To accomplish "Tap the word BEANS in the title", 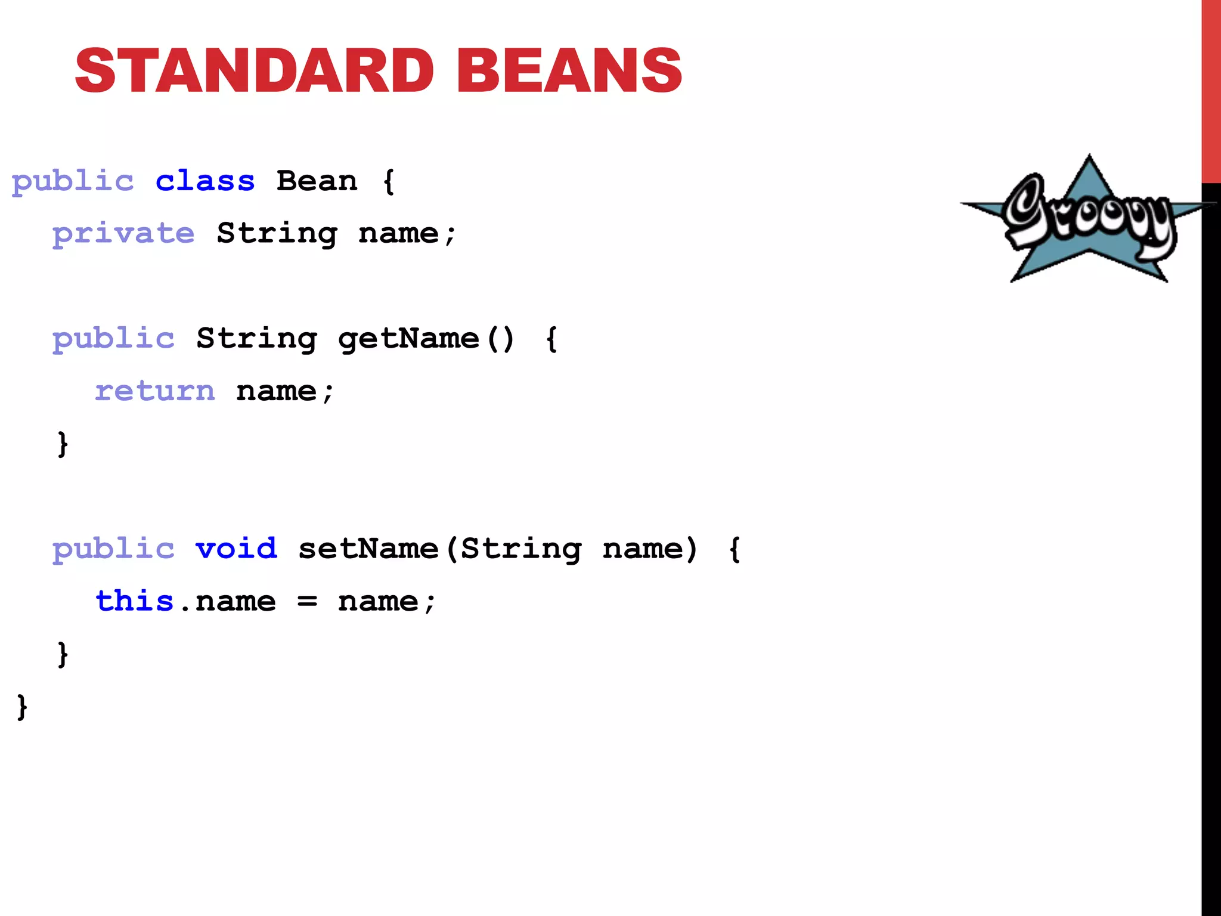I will coord(569,71).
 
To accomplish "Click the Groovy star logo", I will coord(1089,221).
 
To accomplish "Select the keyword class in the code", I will coord(205,181).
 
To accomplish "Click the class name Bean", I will coord(317,181).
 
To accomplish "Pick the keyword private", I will coord(123,234).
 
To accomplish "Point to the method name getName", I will coord(408,339).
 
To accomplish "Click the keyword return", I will coord(155,391).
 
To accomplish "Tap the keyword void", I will coord(237,549).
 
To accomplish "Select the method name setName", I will coord(368,549).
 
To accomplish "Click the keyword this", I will coord(135,601).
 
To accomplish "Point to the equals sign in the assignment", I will coord(307,602).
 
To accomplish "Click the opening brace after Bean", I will coord(389,181).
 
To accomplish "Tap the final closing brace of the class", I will coord(22,707).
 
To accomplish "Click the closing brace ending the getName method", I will coord(63,444).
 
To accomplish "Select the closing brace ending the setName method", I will coord(63,654).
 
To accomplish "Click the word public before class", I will coord(73,182).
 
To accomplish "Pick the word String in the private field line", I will coord(277,234).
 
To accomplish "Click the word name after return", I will coord(276,392).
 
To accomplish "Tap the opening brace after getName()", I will coord(552,339).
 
